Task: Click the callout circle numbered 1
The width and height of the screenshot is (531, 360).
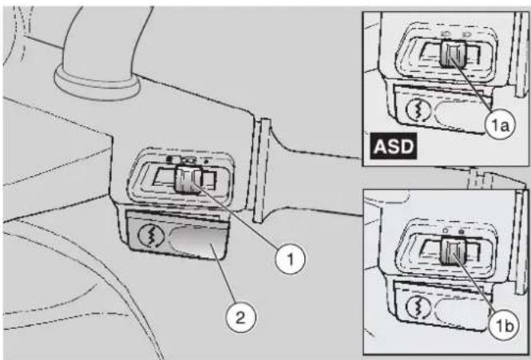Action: (x=290, y=259)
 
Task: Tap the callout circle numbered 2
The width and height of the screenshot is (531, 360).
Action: (x=241, y=318)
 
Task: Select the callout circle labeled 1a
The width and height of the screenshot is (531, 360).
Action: (x=500, y=125)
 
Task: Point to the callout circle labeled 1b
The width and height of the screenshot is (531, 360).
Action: (x=504, y=326)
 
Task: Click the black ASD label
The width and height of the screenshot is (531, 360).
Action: (x=394, y=146)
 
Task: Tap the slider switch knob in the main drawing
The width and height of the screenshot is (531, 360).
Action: (x=188, y=180)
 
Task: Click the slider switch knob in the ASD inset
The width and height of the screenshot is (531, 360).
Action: (x=453, y=54)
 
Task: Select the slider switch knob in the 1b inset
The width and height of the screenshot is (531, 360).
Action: (x=453, y=251)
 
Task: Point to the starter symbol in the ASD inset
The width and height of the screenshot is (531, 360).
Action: (x=418, y=109)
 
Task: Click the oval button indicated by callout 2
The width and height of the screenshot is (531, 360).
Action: (x=199, y=242)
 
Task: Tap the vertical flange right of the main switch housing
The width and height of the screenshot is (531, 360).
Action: (x=261, y=170)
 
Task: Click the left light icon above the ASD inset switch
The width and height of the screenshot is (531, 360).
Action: (x=446, y=34)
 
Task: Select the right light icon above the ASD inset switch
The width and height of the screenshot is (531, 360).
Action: (x=469, y=34)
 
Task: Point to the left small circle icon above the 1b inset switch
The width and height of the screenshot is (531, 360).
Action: (x=446, y=231)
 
